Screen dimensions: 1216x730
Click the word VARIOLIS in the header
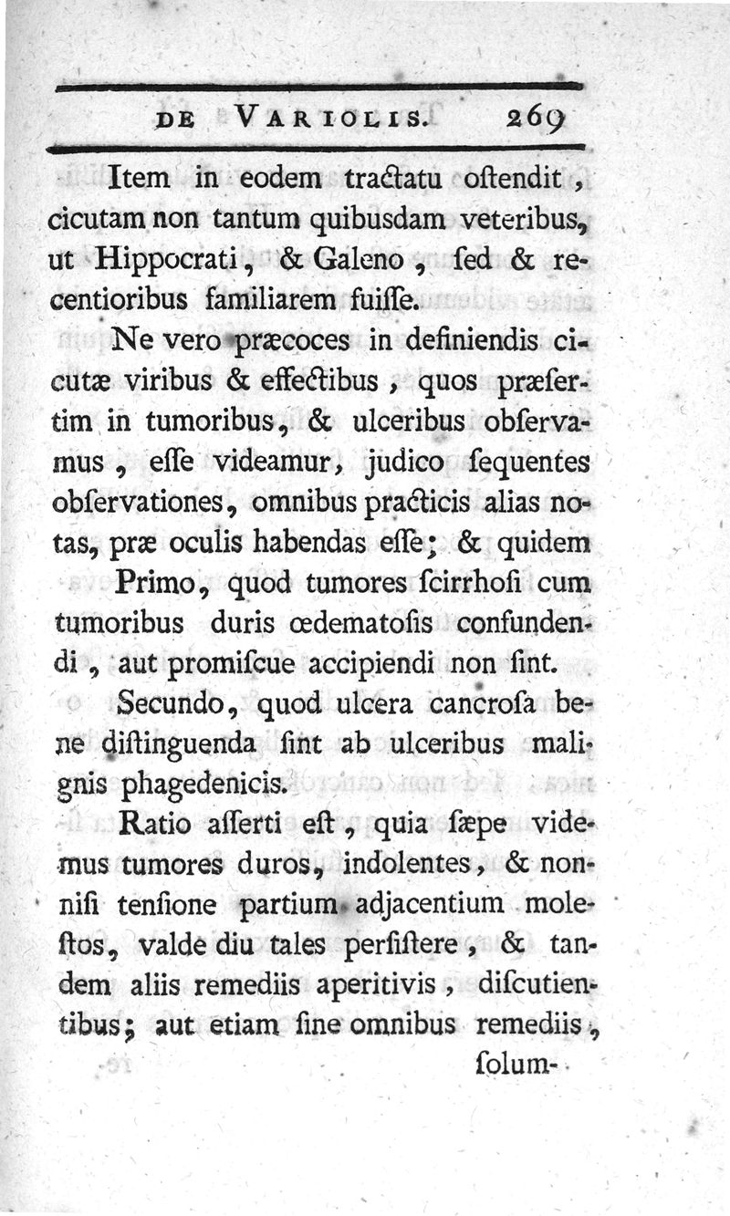tap(328, 118)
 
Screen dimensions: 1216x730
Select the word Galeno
tap(357, 259)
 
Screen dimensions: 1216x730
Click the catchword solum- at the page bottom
tap(516, 1064)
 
